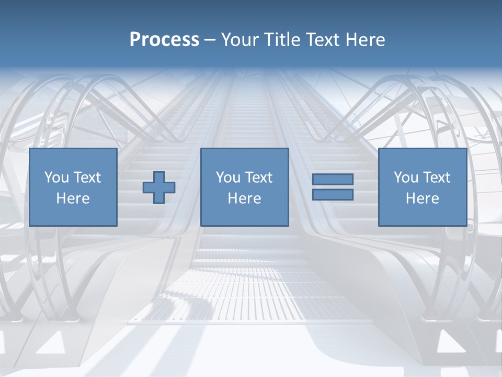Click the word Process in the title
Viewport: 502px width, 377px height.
point(164,40)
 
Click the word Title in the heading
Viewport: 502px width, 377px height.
point(283,40)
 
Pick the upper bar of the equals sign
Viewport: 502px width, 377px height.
point(333,180)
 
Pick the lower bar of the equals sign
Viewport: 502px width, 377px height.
point(333,194)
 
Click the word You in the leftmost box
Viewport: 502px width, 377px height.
point(56,178)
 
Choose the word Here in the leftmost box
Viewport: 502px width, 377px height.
point(73,198)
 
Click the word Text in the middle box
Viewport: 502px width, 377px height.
point(258,178)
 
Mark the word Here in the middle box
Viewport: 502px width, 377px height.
point(245,198)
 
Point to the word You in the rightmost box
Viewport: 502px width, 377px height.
point(405,178)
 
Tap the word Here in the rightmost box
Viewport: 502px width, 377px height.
point(423,198)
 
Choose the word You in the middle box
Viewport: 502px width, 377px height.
point(227,178)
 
